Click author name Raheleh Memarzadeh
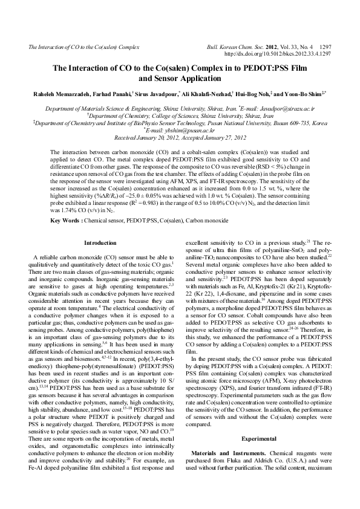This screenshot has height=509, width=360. pos(53,94)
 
